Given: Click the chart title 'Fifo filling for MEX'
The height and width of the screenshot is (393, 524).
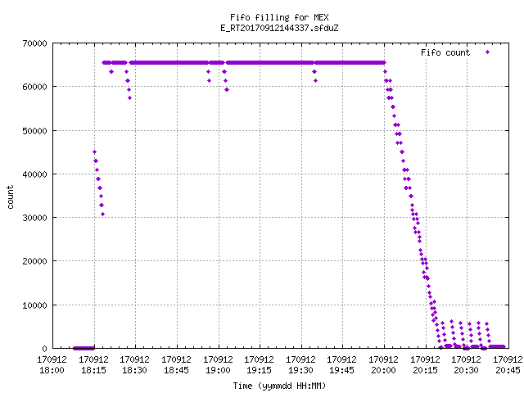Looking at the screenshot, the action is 279,17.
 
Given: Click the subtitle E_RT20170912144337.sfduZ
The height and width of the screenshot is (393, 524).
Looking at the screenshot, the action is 279,28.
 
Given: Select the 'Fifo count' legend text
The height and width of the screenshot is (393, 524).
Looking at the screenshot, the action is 445,52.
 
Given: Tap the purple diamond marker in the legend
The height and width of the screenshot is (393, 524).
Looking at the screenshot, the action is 488,52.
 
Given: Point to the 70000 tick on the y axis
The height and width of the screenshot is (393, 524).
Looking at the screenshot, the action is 34,43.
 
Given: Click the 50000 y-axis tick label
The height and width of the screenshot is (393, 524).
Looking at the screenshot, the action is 34,131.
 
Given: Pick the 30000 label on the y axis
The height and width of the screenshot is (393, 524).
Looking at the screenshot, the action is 34,218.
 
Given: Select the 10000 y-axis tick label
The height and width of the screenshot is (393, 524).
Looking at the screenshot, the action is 34,305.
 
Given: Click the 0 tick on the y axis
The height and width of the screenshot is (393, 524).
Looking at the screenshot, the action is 45,349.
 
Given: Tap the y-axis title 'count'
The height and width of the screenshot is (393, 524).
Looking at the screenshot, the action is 11,197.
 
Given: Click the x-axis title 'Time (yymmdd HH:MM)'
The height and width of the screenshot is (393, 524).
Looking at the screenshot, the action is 279,386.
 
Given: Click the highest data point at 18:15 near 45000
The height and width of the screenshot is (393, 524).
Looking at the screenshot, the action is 95,152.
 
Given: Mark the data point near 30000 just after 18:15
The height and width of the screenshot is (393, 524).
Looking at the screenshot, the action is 102,215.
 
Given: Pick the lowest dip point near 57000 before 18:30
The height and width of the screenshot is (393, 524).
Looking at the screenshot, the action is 129,98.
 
